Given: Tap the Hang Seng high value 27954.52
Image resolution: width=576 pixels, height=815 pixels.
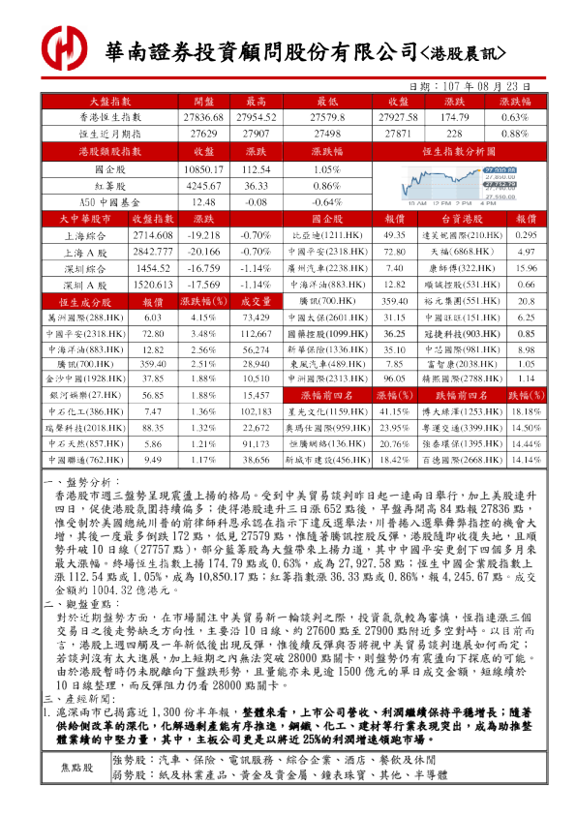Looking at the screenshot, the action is (x=257, y=116).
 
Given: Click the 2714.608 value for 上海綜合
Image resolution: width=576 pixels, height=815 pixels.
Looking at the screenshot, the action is (x=152, y=235).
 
